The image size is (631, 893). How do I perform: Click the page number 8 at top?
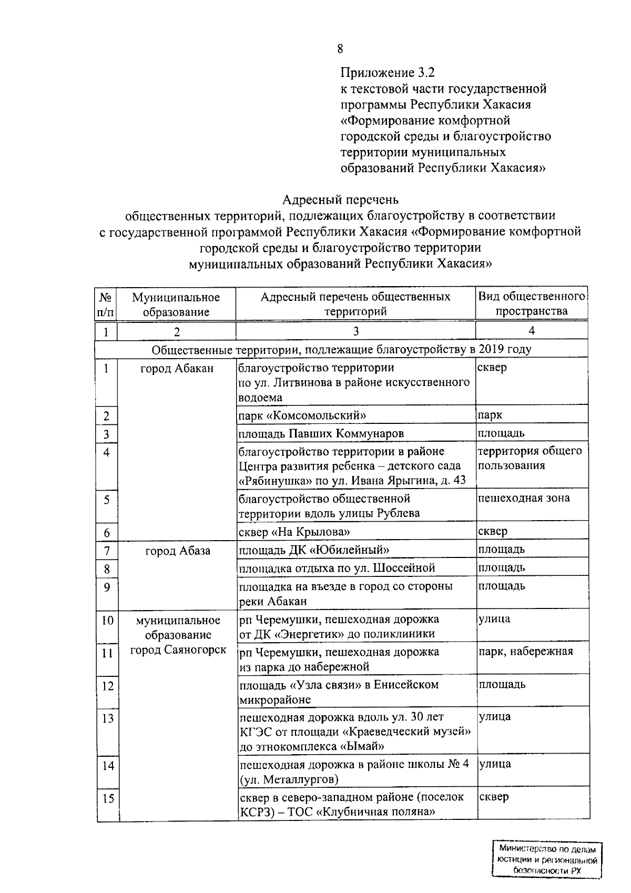click(x=340, y=49)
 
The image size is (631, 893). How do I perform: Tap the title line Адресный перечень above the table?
click(x=340, y=200)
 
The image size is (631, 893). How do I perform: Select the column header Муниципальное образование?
click(x=176, y=304)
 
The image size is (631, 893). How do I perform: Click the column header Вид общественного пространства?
click(x=531, y=303)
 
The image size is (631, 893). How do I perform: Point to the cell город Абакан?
click(x=177, y=368)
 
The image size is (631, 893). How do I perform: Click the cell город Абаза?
click(x=178, y=551)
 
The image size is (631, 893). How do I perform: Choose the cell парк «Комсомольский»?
click(x=302, y=415)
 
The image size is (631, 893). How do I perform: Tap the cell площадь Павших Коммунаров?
click(x=321, y=434)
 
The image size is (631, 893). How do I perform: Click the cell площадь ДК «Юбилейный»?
click(x=314, y=550)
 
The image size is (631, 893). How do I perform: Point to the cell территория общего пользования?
click(x=530, y=458)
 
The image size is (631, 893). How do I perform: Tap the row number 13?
click(x=107, y=718)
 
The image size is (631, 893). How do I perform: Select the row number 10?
click(x=107, y=620)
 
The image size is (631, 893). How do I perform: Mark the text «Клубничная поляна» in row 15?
click(x=378, y=811)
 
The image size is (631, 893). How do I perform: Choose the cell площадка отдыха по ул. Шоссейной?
click(x=337, y=568)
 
